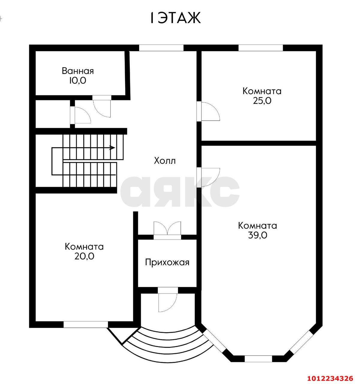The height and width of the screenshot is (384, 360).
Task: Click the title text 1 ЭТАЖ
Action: coord(175,18)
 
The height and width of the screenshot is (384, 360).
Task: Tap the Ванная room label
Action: coord(78,71)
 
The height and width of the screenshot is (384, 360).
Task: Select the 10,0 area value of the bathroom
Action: coord(78,80)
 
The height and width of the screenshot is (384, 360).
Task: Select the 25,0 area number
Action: coord(262,100)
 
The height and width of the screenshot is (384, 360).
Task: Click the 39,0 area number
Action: coord(257,235)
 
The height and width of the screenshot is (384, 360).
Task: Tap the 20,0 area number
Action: coord(84,256)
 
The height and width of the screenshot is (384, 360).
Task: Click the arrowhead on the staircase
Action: coord(112,148)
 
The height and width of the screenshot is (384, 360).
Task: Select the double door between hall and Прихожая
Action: coord(167,229)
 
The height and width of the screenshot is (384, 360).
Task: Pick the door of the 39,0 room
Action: coord(208,177)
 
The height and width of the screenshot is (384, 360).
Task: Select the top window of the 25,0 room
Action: coord(261,48)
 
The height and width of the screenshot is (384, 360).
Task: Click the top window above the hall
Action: coord(161,48)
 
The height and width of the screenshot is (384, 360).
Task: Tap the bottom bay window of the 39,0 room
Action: coord(259,359)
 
